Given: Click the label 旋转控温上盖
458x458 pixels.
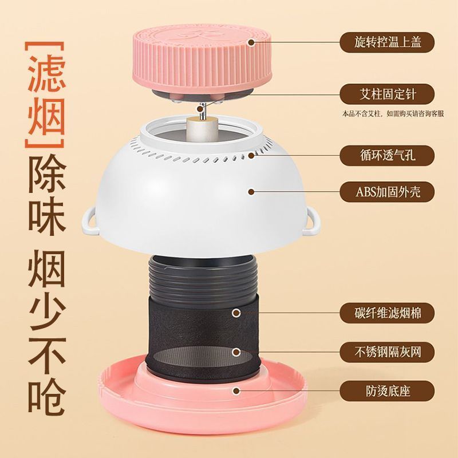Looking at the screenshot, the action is tap(387, 42).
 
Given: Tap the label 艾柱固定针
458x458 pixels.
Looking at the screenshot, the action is tap(387, 94).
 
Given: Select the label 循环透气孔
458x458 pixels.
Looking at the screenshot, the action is tap(387, 155).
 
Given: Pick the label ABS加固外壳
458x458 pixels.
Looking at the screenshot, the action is tap(387, 192).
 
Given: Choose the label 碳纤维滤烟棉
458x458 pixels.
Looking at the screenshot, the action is tap(387, 313).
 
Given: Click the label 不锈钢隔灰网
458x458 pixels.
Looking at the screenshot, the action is tap(387, 352).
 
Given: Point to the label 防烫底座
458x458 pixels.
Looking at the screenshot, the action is tap(387, 391).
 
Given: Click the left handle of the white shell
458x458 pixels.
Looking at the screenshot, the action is tap(90, 221).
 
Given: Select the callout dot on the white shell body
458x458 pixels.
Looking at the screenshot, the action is tap(251, 192).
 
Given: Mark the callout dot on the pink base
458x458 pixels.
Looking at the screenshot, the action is tap(236, 390).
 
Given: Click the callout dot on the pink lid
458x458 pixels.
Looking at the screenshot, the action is tap(251, 42).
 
